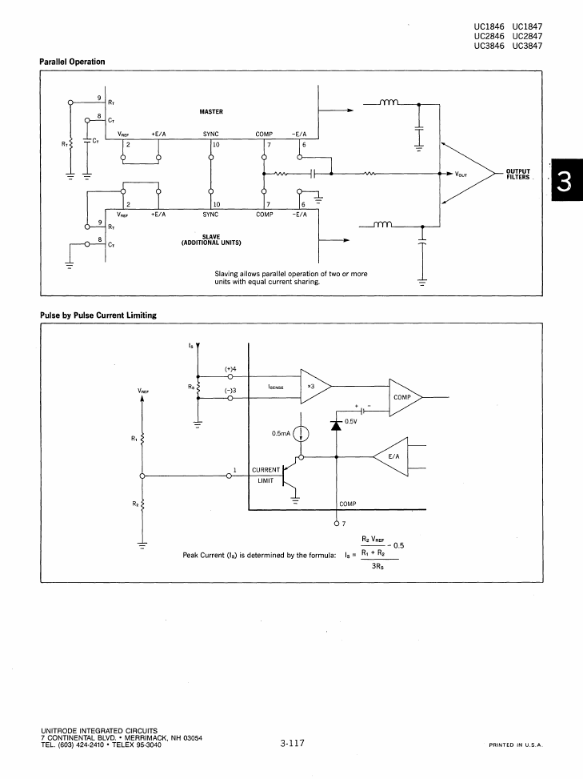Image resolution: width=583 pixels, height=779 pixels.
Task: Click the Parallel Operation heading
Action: [72, 62]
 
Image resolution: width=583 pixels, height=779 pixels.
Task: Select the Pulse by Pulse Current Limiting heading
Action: [98, 315]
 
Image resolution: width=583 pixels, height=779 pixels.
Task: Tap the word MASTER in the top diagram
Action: [211, 112]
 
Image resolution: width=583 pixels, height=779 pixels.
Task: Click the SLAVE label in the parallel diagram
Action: [211, 236]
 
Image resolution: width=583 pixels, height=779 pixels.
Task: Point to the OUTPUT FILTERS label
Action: [518, 175]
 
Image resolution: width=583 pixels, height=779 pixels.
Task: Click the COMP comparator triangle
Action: [405, 397]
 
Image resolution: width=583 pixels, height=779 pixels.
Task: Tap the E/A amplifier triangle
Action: [391, 456]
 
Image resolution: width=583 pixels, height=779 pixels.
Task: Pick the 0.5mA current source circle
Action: [301, 434]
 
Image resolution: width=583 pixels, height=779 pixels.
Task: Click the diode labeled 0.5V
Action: [337, 425]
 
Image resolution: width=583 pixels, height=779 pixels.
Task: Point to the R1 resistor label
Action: [134, 438]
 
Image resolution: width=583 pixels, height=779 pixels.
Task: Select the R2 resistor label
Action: [135, 504]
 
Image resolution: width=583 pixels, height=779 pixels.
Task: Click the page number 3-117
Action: [292, 743]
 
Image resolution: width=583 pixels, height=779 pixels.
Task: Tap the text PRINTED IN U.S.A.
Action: [516, 745]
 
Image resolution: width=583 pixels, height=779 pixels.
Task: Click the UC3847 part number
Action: [528, 46]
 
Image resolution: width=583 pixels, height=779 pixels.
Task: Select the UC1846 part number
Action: [489, 26]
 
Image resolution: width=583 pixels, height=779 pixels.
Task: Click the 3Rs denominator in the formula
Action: [377, 566]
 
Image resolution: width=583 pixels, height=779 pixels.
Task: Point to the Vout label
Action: [461, 175]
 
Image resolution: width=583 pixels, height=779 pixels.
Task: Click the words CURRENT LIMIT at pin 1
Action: [266, 475]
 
